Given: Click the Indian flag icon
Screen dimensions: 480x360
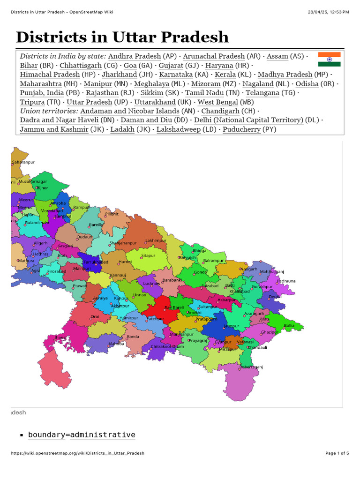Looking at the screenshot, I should pyautogui.click(x=329, y=60).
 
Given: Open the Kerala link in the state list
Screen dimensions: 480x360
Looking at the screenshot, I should pyautogui.click(x=225, y=75).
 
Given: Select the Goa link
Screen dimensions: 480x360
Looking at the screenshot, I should pyautogui.click(x=130, y=66).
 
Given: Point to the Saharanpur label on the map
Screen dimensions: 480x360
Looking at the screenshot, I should pyautogui.click(x=23, y=163).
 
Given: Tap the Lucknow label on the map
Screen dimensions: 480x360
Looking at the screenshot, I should pyautogui.click(x=152, y=284).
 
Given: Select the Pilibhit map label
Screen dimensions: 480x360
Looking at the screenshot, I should pyautogui.click(x=112, y=214).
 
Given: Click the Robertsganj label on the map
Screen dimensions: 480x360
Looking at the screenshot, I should pyautogui.click(x=252, y=367).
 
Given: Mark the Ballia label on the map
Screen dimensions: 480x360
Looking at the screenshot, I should pyautogui.click(x=289, y=325).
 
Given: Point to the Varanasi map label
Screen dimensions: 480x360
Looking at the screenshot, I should pyautogui.click(x=245, y=343).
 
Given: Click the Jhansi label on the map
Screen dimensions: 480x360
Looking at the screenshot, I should pyautogui.click(x=60, y=337).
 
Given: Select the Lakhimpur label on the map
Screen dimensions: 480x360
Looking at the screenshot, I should pyautogui.click(x=156, y=240).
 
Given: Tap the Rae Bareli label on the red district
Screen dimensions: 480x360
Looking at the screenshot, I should pyautogui.click(x=174, y=307).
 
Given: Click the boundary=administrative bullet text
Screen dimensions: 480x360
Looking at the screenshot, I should pyautogui.click(x=82, y=435).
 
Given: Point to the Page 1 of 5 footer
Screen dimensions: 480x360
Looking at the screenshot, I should pyautogui.click(x=337, y=453).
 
